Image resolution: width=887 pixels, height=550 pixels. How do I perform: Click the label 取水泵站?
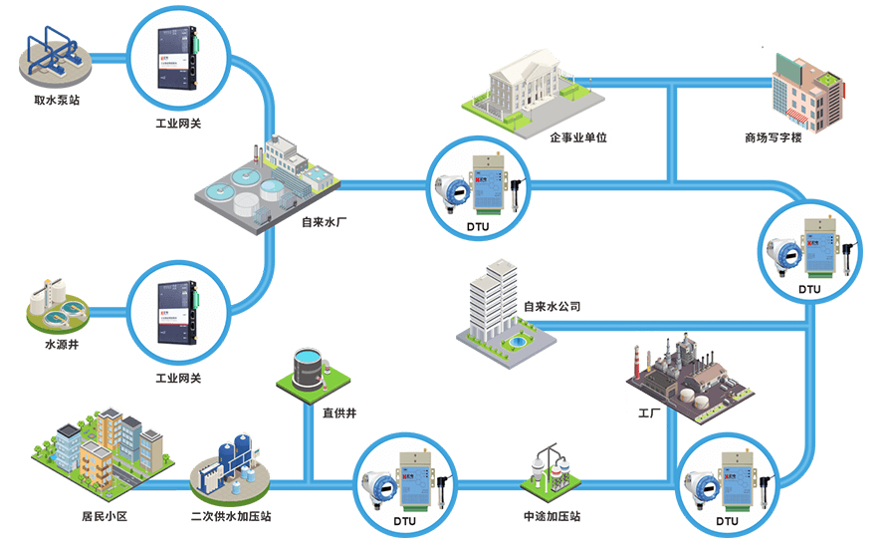point(56,101)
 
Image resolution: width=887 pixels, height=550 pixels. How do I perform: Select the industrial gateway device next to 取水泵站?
point(178,58)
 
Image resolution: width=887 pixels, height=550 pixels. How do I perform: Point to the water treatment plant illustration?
point(263,185)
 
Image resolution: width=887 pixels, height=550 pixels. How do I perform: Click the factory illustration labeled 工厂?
point(687,374)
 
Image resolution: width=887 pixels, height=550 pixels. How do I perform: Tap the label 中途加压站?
point(551,517)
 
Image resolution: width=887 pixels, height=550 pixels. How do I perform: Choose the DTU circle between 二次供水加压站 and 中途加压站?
point(407,485)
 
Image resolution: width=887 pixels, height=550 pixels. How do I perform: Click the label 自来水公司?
point(552,307)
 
